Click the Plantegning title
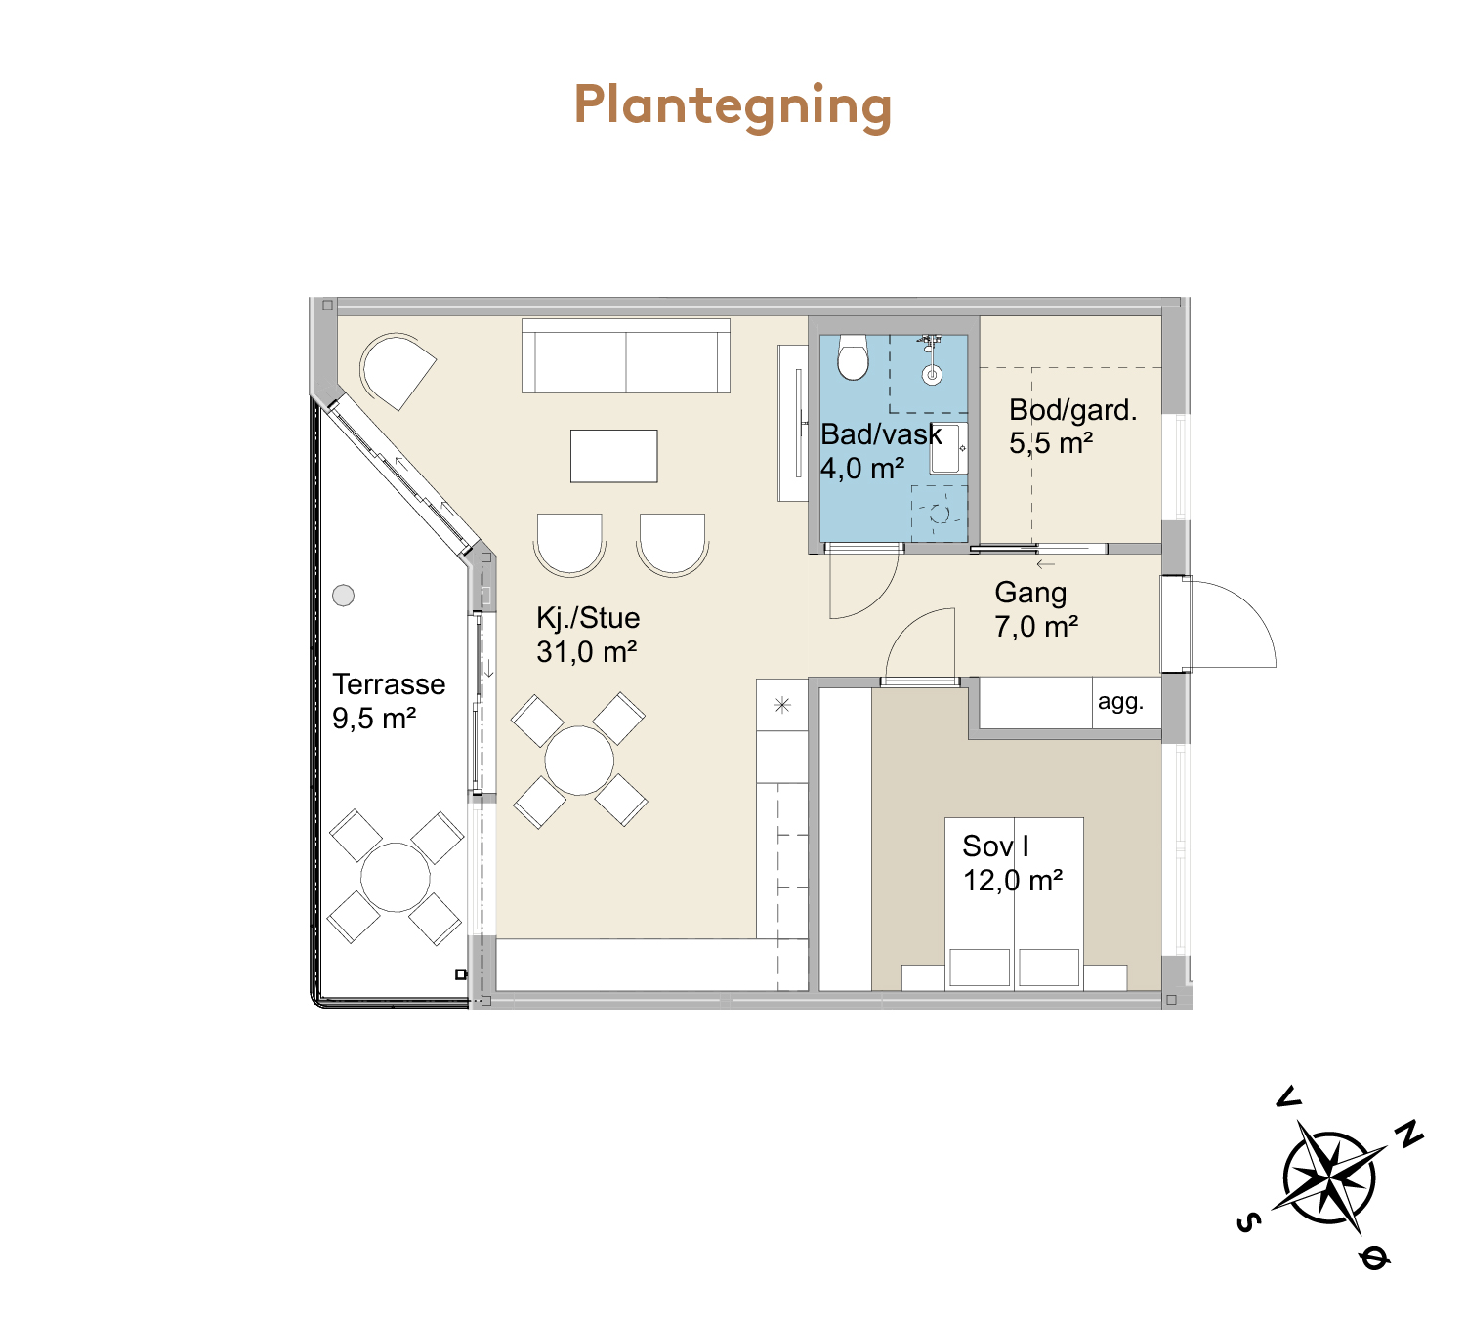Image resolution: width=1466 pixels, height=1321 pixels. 733,105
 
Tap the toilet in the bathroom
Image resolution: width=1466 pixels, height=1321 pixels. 853,357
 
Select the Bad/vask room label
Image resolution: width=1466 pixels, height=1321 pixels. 881,434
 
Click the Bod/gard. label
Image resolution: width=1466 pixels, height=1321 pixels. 1072,410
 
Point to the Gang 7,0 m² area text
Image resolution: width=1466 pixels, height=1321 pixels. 1035,627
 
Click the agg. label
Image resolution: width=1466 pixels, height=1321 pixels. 1120,701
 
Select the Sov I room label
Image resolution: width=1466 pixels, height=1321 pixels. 995,846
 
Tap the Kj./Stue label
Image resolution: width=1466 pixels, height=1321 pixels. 588,618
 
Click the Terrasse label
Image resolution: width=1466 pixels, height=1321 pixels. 389,684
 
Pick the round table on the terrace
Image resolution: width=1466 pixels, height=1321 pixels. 395,878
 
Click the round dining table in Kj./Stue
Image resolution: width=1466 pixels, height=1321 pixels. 579,761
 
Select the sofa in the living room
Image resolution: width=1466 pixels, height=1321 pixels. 626,356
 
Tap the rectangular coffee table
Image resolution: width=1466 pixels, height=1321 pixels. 613,456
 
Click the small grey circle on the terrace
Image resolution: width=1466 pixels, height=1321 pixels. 344,595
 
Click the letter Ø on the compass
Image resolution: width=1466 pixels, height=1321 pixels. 1374,1258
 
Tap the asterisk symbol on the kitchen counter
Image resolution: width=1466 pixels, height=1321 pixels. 782,705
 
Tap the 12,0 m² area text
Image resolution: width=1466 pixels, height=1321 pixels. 1013,881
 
